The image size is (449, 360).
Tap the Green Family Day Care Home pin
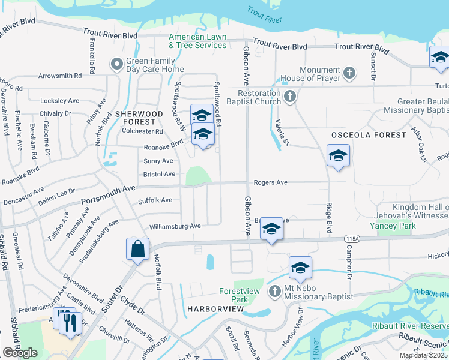tap(116, 63)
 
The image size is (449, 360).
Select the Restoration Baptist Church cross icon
tap(289, 97)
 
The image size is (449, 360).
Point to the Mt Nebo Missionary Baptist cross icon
tap(275, 292)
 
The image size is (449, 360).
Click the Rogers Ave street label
tap(270, 182)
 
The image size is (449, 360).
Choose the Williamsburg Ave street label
tap(175, 226)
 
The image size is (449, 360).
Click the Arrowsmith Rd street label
tap(59, 76)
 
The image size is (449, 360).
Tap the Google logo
tap(20, 352)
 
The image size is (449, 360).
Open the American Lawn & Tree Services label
tap(197, 41)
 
